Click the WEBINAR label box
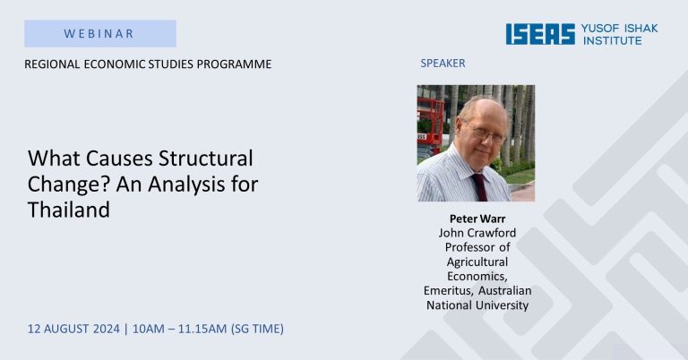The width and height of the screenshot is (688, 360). pyautogui.click(x=100, y=33)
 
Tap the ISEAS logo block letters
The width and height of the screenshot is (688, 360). pyautogui.click(x=540, y=34)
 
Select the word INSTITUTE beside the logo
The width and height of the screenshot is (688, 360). pyautogui.click(x=612, y=41)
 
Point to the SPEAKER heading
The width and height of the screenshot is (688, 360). pyautogui.click(x=443, y=64)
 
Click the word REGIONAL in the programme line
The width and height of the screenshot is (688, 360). pyautogui.click(x=52, y=64)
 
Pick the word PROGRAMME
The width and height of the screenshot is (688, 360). pyautogui.click(x=234, y=64)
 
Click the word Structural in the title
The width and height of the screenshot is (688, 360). pyautogui.click(x=206, y=159)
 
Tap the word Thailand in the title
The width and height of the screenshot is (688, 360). pyautogui.click(x=69, y=210)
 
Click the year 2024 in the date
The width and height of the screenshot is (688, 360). pyautogui.click(x=107, y=329)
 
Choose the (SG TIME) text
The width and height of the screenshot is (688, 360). pyautogui.click(x=257, y=329)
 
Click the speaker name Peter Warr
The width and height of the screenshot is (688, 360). pyautogui.click(x=477, y=219)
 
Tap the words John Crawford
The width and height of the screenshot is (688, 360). pyautogui.click(x=477, y=233)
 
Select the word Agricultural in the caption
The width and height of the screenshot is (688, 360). pyautogui.click(x=477, y=261)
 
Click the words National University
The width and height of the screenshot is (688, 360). pyautogui.click(x=477, y=305)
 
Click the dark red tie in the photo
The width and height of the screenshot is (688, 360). pyautogui.click(x=478, y=187)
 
